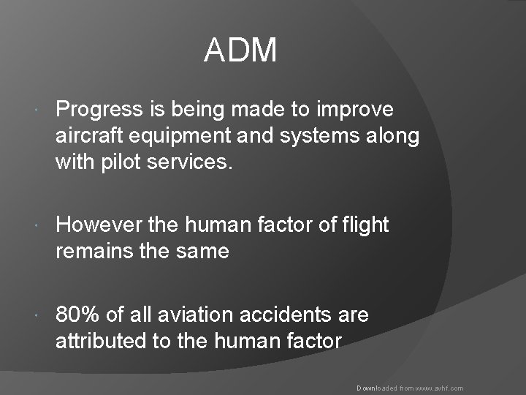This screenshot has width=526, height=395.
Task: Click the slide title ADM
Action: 240,51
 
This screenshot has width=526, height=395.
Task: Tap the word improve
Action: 357,110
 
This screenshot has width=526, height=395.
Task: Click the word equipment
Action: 173,136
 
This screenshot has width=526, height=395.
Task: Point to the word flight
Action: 365,225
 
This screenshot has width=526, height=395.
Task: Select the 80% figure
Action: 78,315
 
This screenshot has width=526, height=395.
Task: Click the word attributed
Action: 94,341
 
